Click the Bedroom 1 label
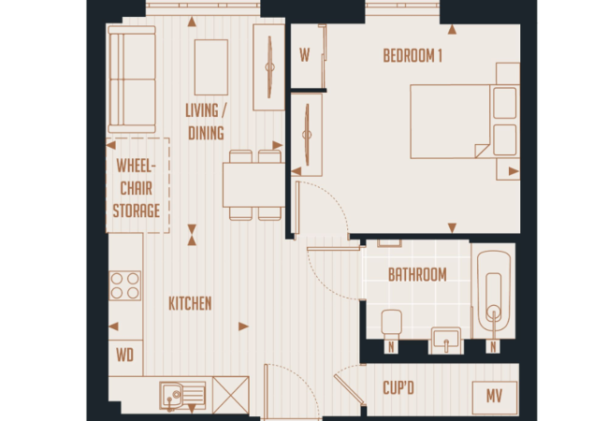[x=413, y=56]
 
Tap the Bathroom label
[x=417, y=275]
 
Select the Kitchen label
[x=190, y=303]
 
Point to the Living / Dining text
[x=206, y=123]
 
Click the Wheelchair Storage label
[x=137, y=188]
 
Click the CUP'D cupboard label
[x=398, y=388]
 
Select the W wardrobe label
[x=304, y=55]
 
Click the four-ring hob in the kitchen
[x=124, y=285]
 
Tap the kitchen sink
[x=182, y=396]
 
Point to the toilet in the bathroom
[x=391, y=322]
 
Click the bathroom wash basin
[x=446, y=339]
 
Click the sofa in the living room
[x=132, y=80]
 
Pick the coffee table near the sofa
[x=211, y=67]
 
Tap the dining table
[x=254, y=185]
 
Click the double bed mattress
[x=450, y=122]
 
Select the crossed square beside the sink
[x=231, y=395]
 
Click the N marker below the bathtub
[x=493, y=346]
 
